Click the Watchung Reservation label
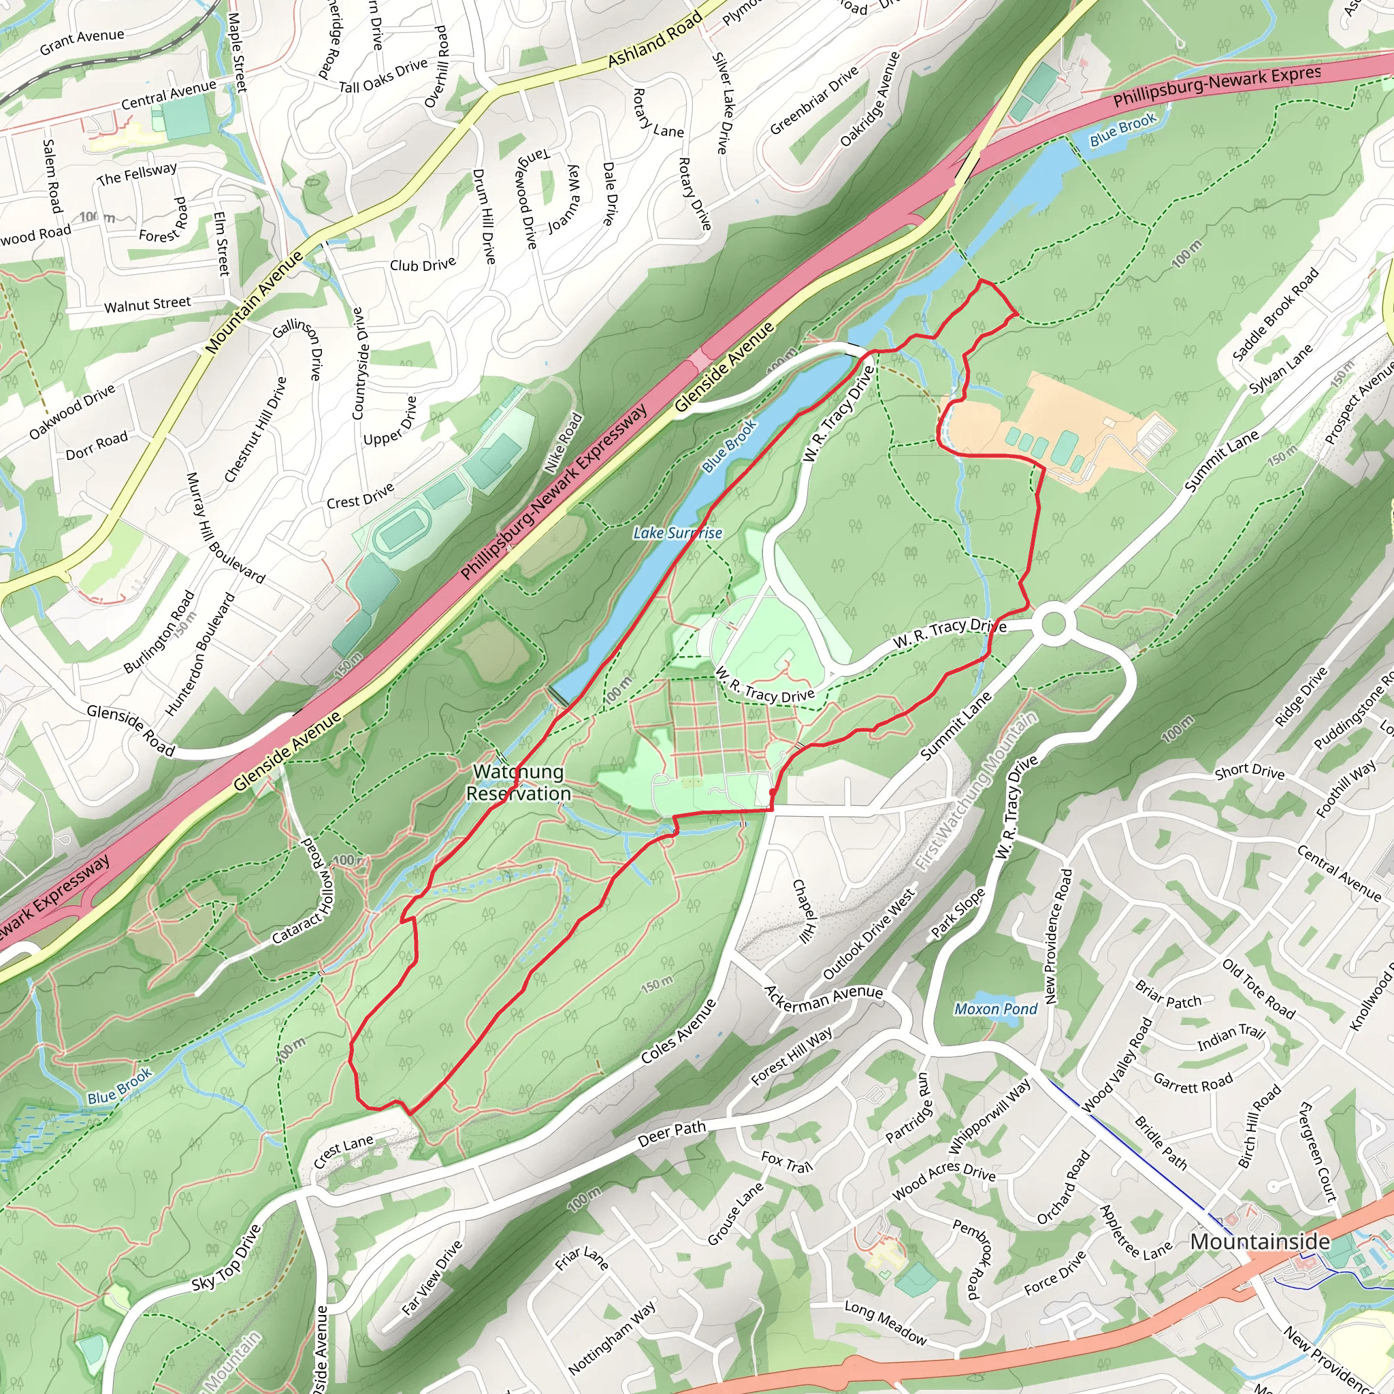tap(518, 783)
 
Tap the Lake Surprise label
tap(677, 533)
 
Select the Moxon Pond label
tap(996, 1009)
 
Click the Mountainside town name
tap(1260, 1242)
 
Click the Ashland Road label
tap(654, 40)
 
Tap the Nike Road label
tap(564, 442)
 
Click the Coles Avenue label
tap(678, 1032)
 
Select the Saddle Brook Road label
tap(1275, 314)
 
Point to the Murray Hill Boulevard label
tap(225, 528)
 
